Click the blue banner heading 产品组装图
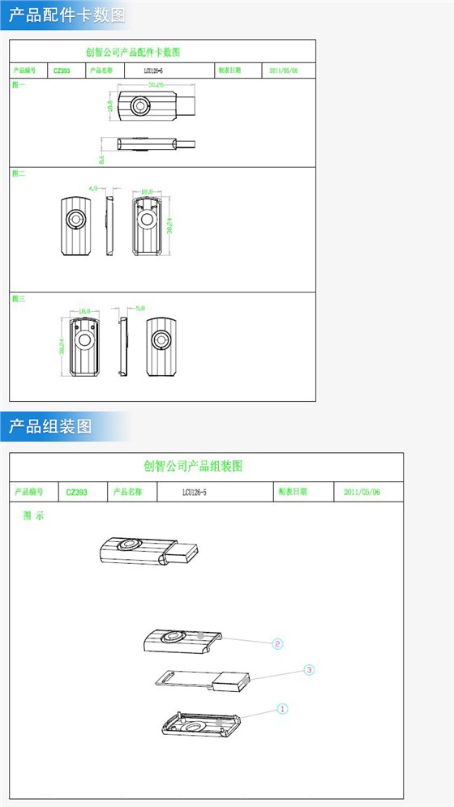click(x=50, y=425)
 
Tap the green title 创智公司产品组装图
click(x=193, y=466)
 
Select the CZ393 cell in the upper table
click(x=62, y=71)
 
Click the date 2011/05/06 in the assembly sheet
click(x=362, y=492)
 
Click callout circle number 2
click(x=277, y=644)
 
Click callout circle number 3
click(x=309, y=670)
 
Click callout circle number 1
click(x=282, y=708)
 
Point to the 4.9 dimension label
click(x=93, y=188)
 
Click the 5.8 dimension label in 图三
click(x=139, y=309)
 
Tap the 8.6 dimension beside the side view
click(x=101, y=160)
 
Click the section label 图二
click(x=19, y=173)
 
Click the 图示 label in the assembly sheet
click(x=33, y=516)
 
